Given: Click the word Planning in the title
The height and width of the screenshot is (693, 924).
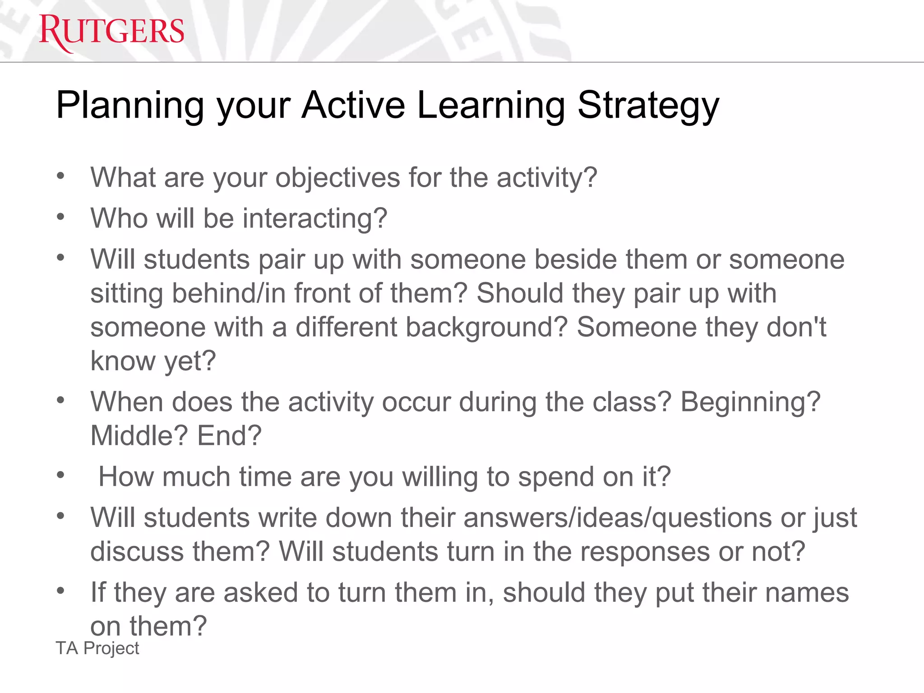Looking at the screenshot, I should pyautogui.click(x=130, y=106).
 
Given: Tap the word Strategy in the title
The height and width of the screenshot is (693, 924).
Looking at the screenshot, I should pyautogui.click(x=648, y=106).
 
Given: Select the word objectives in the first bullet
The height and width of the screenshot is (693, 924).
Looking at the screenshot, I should pyautogui.click(x=337, y=177).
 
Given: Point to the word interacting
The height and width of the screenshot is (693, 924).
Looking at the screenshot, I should pyautogui.click(x=315, y=219).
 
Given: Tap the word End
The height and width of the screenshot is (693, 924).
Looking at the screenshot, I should pyautogui.click(x=229, y=436).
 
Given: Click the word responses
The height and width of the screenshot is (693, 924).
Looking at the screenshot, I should pyautogui.click(x=645, y=551).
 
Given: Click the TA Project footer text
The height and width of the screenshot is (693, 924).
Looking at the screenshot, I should pyautogui.click(x=97, y=648).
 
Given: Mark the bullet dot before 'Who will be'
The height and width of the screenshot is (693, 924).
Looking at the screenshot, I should pyautogui.click(x=61, y=217).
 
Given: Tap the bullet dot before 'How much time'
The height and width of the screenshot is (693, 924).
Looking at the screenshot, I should pyautogui.click(x=61, y=475).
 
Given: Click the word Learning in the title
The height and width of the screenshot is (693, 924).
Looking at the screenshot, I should pyautogui.click(x=491, y=106).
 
